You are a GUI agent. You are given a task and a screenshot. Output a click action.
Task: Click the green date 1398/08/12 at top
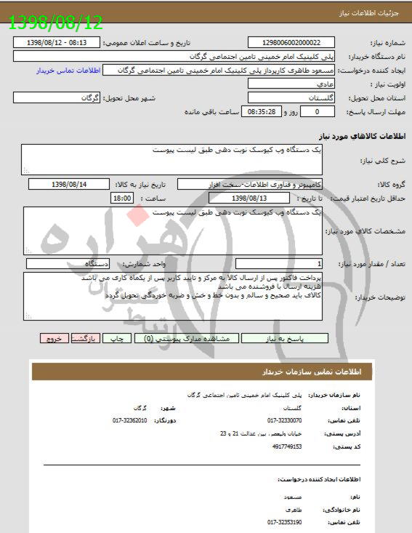tap(56, 23)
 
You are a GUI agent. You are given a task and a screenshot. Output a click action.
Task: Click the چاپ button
tap(116, 338)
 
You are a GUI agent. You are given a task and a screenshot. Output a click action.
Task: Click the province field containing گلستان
tap(291, 97)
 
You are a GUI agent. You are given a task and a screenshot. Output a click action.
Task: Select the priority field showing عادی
tap(291, 84)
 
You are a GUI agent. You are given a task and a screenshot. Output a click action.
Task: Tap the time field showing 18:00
tap(121, 197)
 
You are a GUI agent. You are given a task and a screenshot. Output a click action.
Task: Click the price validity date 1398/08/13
tap(249, 197)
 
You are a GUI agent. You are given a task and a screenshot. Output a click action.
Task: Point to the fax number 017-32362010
tap(130, 420)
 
